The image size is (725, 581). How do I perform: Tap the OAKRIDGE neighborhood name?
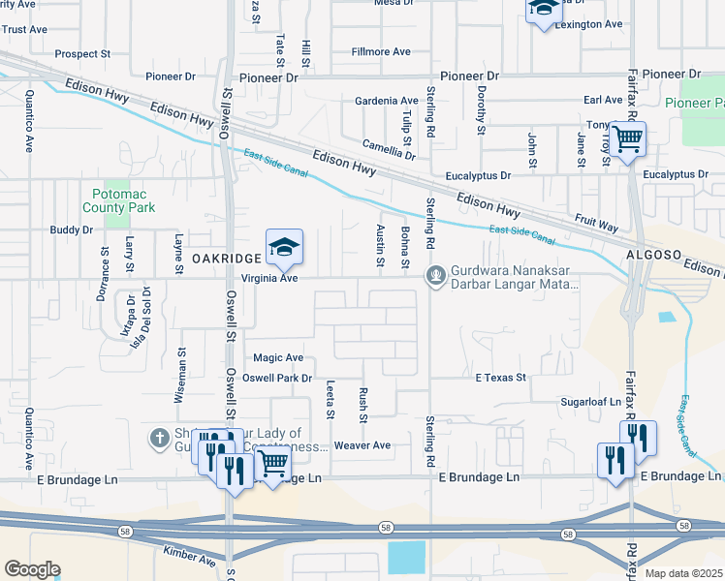(226, 259)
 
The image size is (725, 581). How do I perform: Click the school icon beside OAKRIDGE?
(284, 249)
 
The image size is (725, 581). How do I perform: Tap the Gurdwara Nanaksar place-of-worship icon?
(436, 277)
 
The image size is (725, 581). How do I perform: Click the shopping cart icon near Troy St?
(627, 140)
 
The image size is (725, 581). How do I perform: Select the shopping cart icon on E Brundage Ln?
(272, 466)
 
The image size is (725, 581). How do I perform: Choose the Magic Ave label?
(278, 357)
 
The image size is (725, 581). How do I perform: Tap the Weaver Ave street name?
(362, 445)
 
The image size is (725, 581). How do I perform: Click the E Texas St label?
(499, 377)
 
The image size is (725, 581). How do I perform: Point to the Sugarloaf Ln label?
(590, 400)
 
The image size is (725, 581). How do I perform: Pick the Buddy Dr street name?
(71, 230)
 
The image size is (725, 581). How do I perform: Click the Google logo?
(32, 569)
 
